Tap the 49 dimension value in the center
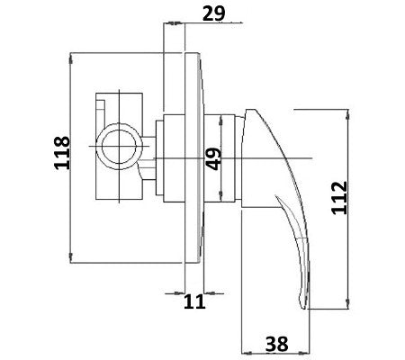click(213, 160)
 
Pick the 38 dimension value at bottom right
click(277, 342)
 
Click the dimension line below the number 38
click(277, 355)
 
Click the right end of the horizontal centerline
click(310, 159)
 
